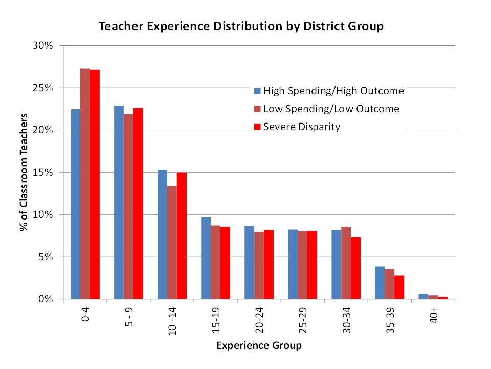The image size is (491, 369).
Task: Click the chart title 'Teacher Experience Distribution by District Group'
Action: click(x=241, y=26)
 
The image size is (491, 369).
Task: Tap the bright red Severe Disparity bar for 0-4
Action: click(x=95, y=184)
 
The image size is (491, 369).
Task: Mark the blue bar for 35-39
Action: click(x=380, y=282)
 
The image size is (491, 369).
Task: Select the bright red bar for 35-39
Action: click(x=399, y=288)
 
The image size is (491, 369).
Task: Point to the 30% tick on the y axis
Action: click(x=42, y=45)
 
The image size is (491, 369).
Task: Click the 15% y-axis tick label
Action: click(x=42, y=172)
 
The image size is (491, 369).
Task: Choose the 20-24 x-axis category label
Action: click(x=259, y=320)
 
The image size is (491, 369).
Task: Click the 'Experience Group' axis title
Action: click(x=259, y=345)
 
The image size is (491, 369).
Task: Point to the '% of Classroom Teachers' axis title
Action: click(x=24, y=172)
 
